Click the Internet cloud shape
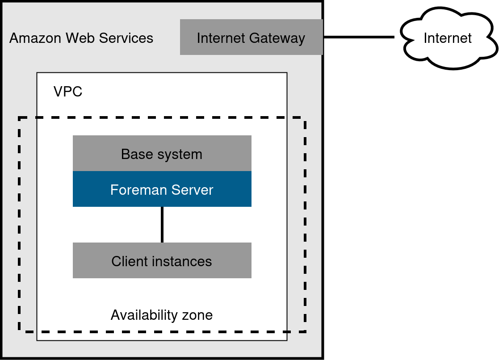448,38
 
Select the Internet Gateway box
251,38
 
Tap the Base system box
162,154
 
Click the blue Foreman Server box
162,189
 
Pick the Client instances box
162,261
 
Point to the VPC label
68,92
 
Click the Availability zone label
162,315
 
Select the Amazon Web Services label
81,38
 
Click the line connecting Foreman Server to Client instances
162,225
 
